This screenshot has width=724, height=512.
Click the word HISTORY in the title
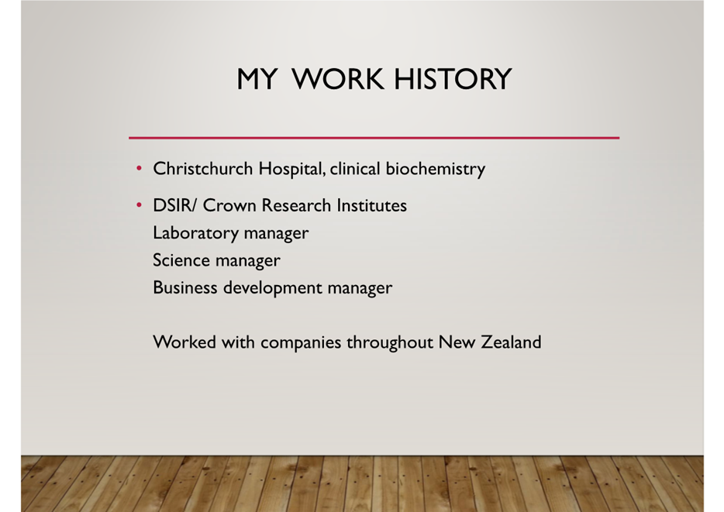pos(453,79)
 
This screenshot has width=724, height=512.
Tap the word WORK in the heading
pos(337,79)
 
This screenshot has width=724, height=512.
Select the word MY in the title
pos(257,79)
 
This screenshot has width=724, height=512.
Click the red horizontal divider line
pos(374,137)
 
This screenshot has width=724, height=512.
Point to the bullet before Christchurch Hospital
pos(139,168)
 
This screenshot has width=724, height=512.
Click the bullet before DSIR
pos(139,205)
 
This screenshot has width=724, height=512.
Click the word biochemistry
pos(436,170)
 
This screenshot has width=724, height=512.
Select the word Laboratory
pos(195,233)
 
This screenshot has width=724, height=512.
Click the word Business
pos(184,288)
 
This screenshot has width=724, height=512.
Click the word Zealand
pos(511,342)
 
